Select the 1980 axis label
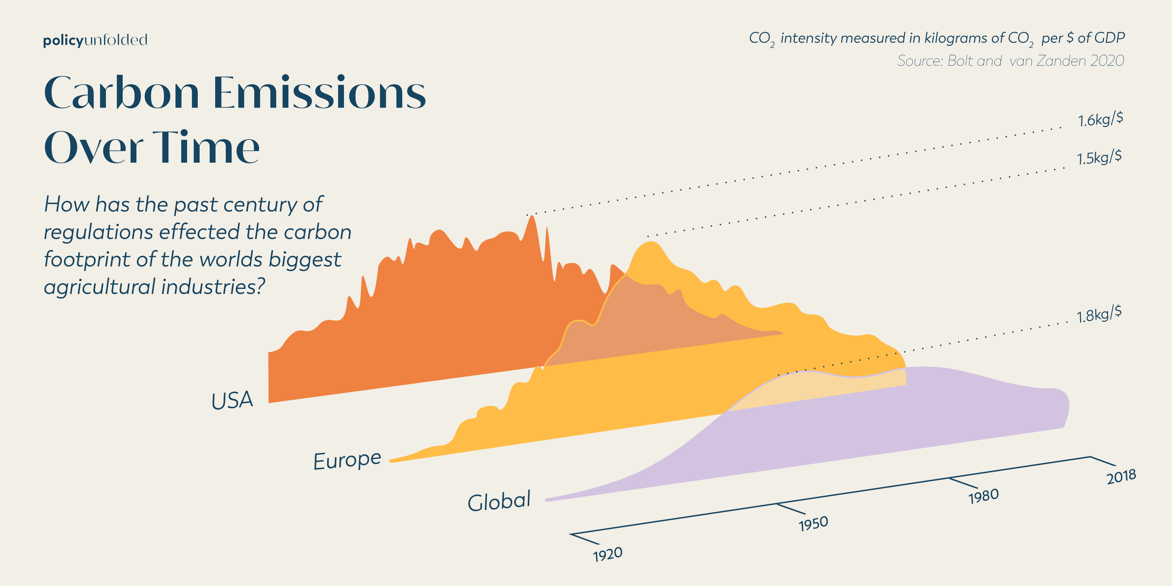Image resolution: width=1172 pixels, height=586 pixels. coord(984,496)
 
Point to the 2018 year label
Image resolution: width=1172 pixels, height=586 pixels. coord(1122,476)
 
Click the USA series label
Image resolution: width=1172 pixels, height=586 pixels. coord(232,401)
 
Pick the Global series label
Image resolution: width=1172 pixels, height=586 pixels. coord(499,501)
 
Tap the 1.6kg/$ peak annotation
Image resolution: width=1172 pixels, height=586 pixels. coord(1100,120)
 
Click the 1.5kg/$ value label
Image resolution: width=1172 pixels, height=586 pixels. coord(1099,157)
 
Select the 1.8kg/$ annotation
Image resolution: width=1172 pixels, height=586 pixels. coord(1099,314)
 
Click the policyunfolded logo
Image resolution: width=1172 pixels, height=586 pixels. coord(95,40)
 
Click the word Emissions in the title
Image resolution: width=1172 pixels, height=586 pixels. coord(319,93)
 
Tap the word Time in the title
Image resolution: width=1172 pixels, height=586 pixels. coord(206,147)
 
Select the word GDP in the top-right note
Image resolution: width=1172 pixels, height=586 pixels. coord(1110,38)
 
